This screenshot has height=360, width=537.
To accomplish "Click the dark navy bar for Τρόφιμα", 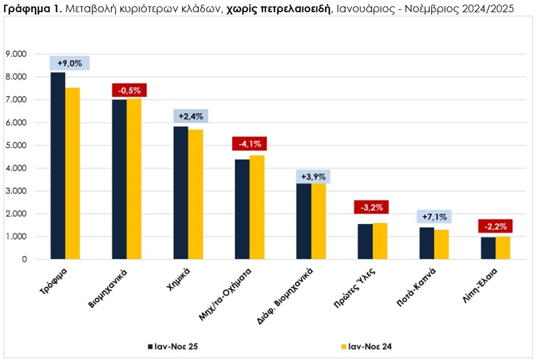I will click(58, 165).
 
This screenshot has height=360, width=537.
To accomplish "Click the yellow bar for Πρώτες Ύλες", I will click(380, 241).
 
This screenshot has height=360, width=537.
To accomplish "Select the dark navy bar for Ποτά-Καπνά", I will click(427, 243).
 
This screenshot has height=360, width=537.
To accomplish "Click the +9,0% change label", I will click(70, 63).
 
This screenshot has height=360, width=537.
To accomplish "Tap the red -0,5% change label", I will click(129, 90).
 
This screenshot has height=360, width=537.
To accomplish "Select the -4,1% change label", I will click(249, 143).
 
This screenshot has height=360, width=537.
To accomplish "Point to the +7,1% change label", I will click(434, 217).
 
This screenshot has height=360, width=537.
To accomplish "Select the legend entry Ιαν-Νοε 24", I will click(371, 347).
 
